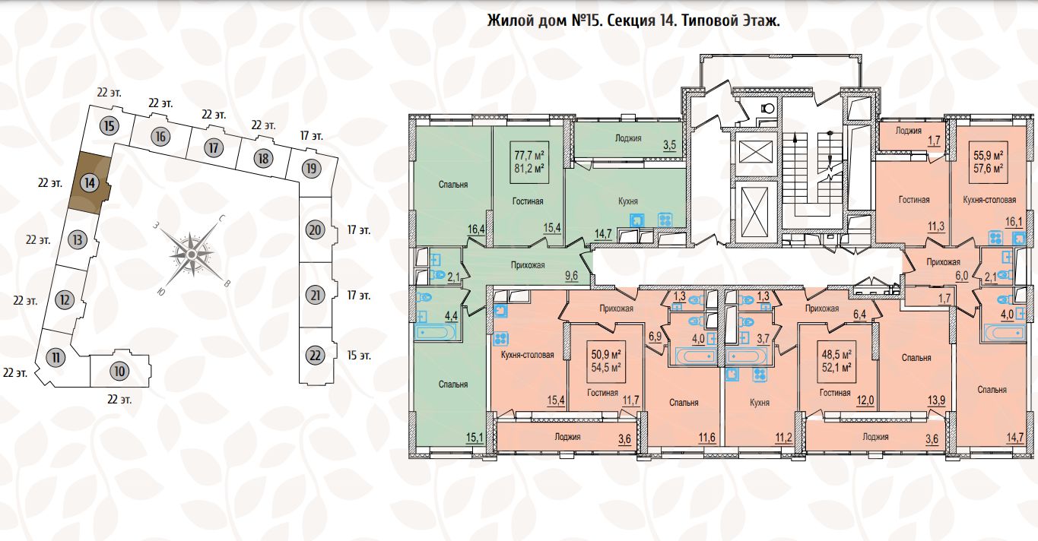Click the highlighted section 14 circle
click(x=90, y=182)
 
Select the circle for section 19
click(x=309, y=168)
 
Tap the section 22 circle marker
click(x=315, y=355)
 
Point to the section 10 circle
click(x=118, y=372)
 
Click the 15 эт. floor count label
click(x=359, y=355)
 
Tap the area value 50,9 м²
click(x=606, y=354)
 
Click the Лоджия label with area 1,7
click(x=908, y=130)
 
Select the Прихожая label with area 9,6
click(x=528, y=265)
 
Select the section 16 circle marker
click(x=159, y=137)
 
